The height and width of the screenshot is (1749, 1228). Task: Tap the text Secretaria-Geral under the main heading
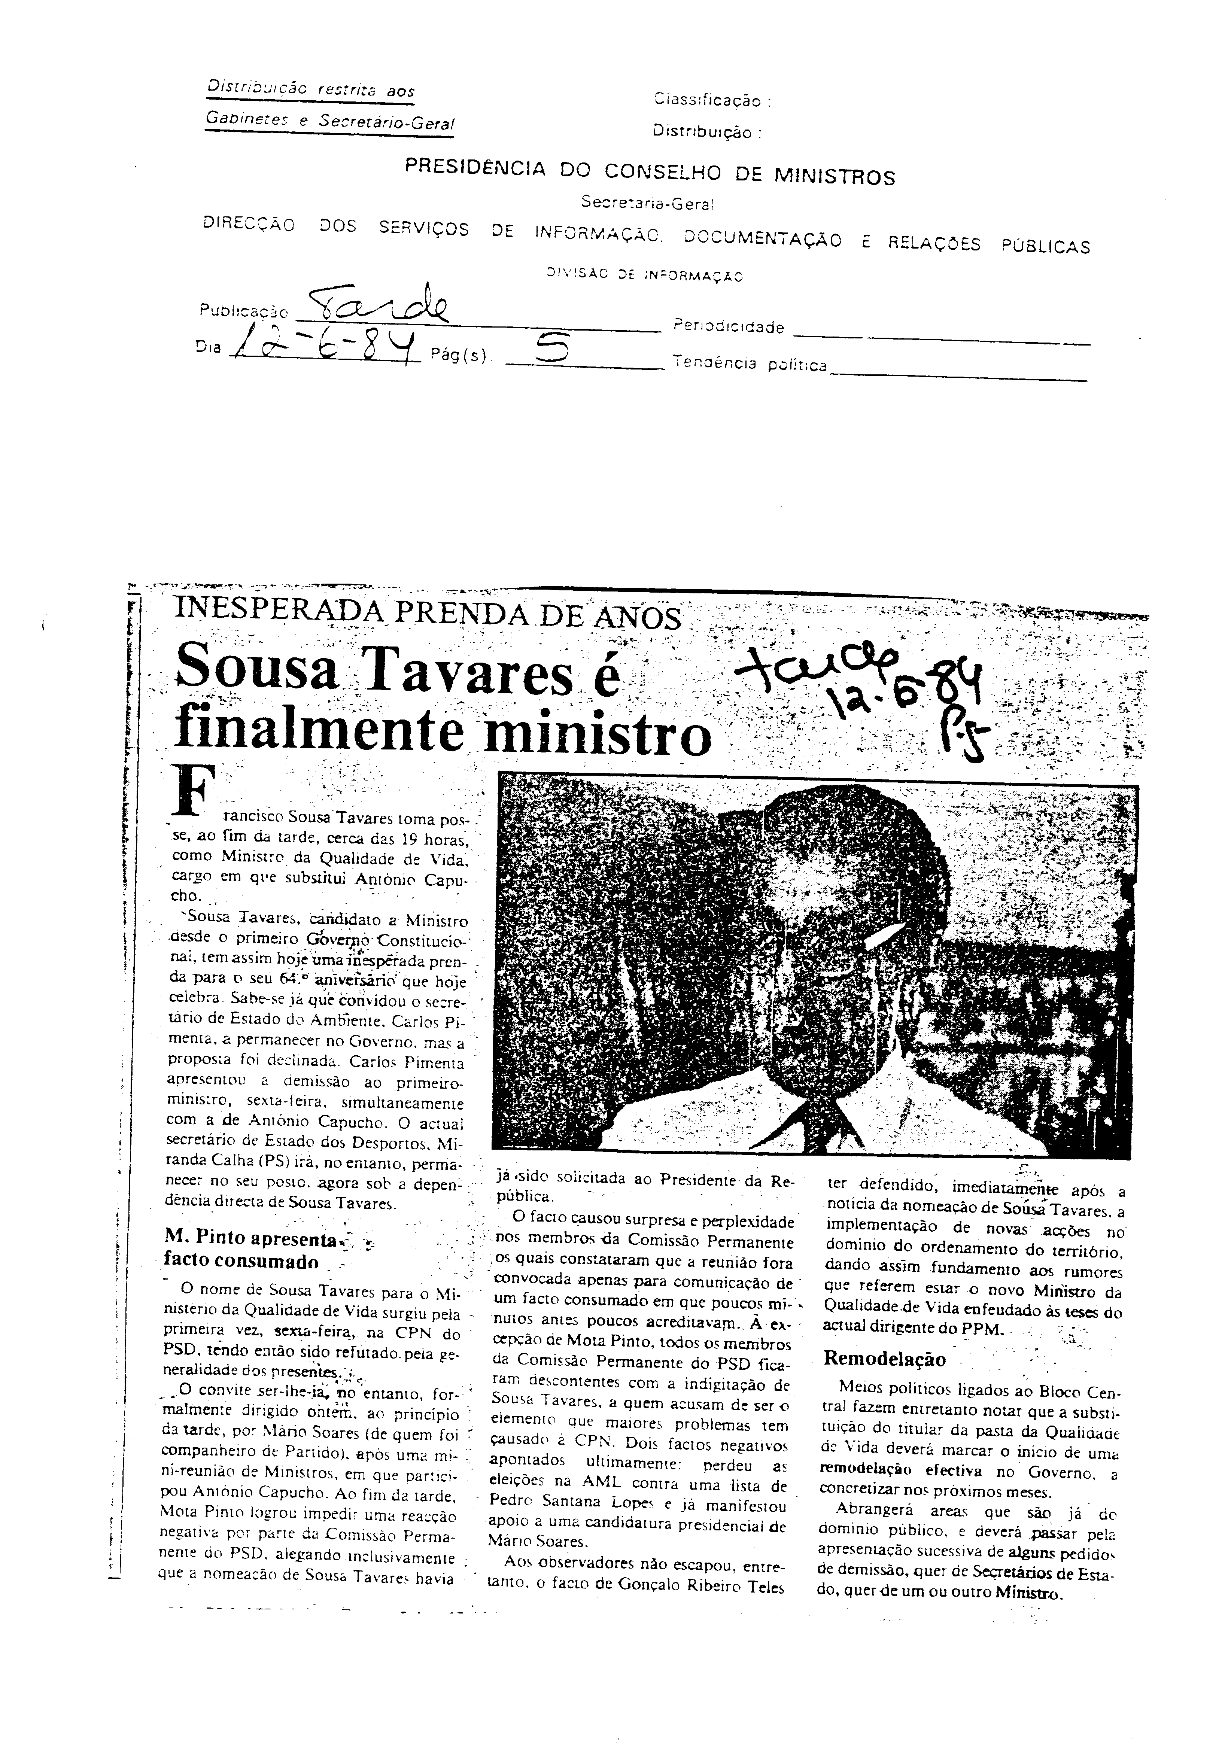click(x=647, y=203)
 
